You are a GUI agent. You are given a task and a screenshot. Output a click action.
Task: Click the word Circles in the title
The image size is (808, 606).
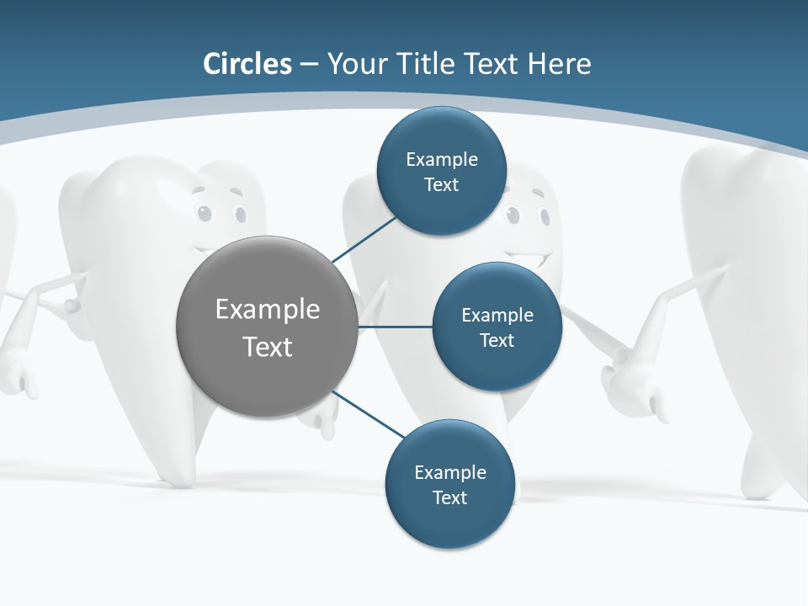(x=247, y=64)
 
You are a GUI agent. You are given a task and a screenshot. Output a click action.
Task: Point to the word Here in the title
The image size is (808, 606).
(x=560, y=64)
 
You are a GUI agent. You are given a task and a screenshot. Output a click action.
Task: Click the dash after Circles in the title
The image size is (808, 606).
(x=309, y=65)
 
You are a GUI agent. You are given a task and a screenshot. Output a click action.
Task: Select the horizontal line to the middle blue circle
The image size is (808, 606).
(x=396, y=327)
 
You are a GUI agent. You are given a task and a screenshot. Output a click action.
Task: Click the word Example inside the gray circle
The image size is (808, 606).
(x=268, y=309)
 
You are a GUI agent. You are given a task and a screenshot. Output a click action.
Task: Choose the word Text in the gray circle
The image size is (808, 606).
(x=268, y=346)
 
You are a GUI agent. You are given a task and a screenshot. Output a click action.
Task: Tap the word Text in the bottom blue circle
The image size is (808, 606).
(x=449, y=497)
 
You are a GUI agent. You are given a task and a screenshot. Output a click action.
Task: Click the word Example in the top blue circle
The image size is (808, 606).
(x=441, y=159)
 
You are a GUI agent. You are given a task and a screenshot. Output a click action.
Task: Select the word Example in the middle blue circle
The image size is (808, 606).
(x=497, y=315)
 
